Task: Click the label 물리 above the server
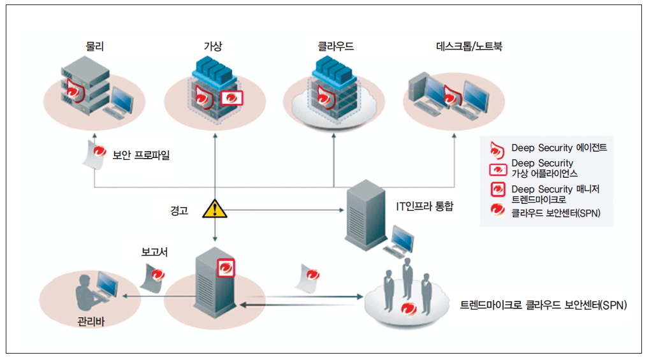click(94, 46)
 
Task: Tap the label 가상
click(215, 46)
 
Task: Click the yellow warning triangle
click(215, 209)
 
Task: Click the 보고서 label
click(154, 252)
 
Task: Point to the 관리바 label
click(91, 321)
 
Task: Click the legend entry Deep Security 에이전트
click(558, 148)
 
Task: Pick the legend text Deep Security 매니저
click(555, 189)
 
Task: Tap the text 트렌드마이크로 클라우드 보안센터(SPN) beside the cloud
click(544, 306)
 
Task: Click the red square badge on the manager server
click(226, 268)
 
